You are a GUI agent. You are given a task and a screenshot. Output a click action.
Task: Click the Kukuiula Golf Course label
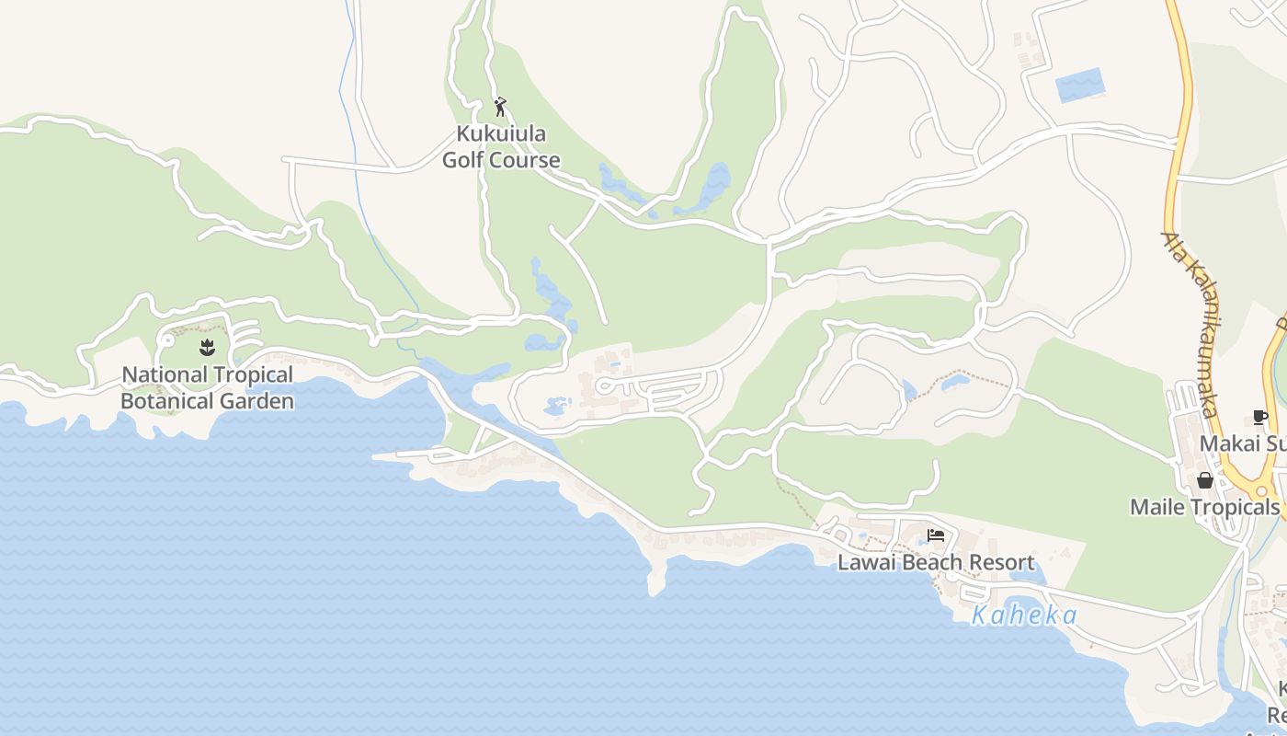tap(501, 147)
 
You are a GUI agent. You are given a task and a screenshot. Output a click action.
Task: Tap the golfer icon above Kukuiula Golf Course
tap(500, 107)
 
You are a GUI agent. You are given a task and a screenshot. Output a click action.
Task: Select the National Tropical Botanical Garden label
tap(208, 387)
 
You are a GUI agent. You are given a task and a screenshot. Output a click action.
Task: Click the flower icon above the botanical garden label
tap(207, 348)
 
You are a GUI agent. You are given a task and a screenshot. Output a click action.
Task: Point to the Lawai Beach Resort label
tap(936, 562)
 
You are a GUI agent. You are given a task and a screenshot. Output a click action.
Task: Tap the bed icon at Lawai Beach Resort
tap(936, 535)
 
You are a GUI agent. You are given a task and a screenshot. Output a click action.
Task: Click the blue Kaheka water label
tap(1024, 615)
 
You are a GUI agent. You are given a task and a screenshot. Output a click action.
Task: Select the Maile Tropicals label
tap(1204, 507)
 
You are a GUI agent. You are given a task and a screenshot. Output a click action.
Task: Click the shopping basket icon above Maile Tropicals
tap(1204, 480)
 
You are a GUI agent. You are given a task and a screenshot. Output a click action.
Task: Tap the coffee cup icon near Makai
tap(1260, 418)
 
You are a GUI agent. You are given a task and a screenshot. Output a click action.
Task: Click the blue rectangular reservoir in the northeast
tap(1079, 86)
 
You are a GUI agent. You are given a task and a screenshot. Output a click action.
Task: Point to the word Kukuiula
tap(501, 134)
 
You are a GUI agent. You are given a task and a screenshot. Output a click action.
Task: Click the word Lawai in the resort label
tap(862, 562)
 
